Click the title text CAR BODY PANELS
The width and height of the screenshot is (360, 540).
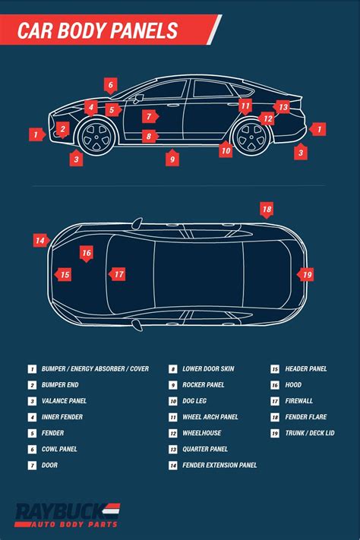[x=98, y=31]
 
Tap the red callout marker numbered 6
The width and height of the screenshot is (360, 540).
[x=110, y=86]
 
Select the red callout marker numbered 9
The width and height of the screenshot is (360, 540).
[x=173, y=158]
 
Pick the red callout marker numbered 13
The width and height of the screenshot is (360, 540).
[x=283, y=107]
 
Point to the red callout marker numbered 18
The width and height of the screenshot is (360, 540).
[x=266, y=209]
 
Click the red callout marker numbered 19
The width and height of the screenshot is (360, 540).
[x=306, y=274]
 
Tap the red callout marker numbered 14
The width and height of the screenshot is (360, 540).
[x=40, y=240]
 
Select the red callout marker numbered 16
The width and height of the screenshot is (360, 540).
[x=87, y=253]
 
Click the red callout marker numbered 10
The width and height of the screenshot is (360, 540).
[x=226, y=150]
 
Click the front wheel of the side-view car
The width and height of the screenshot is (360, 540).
[x=96, y=138]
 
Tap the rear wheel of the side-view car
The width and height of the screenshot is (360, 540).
[x=251, y=137]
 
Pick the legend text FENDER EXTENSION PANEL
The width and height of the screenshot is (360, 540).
[x=219, y=465]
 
